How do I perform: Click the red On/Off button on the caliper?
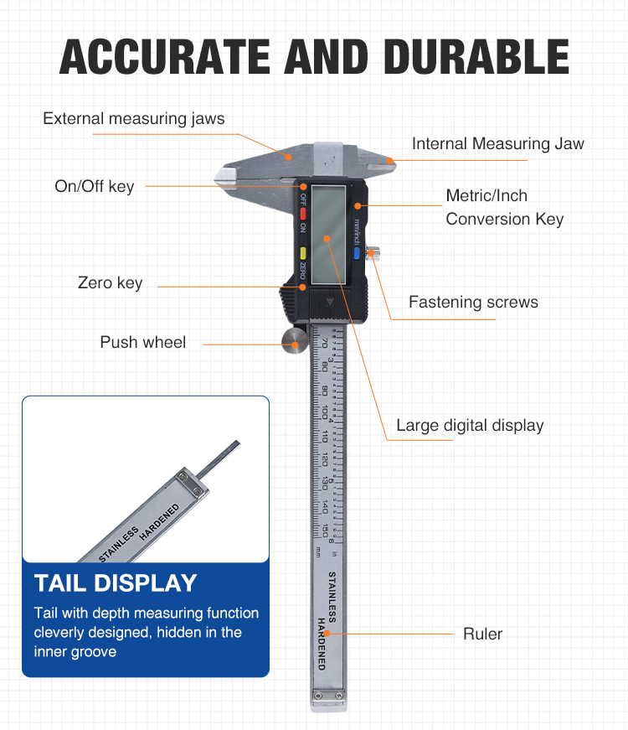click(x=303, y=212)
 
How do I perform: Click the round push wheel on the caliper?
click(x=294, y=340)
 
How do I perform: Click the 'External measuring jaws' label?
click(x=134, y=118)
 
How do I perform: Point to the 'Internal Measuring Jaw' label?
click(x=497, y=143)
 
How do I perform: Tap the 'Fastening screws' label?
click(x=473, y=302)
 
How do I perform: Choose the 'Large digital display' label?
click(x=470, y=425)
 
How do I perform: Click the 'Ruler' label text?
click(x=483, y=634)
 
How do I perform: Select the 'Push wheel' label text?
click(x=143, y=342)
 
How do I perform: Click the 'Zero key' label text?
click(x=110, y=283)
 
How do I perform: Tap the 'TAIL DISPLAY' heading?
click(x=116, y=582)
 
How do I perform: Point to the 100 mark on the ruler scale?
click(x=324, y=412)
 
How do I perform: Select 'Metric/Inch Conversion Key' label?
click(x=504, y=207)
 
